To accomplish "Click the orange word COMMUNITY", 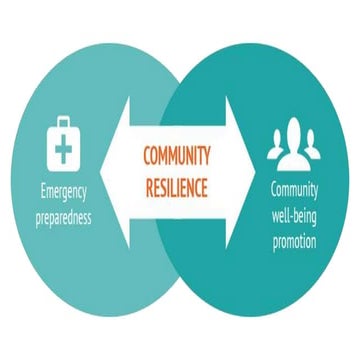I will pyautogui.click(x=180, y=156).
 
